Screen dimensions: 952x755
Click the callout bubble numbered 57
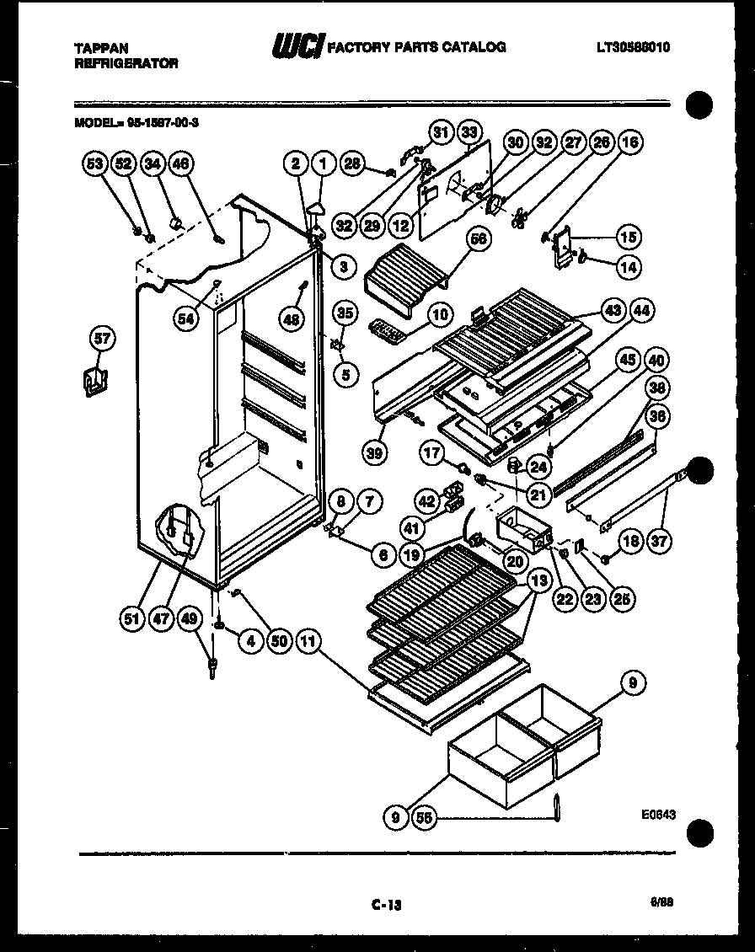(x=102, y=340)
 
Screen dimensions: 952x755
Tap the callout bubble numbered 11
(x=309, y=641)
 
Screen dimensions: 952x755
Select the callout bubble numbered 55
(x=425, y=816)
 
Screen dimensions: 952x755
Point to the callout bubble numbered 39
(x=376, y=452)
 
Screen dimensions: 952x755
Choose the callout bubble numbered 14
(x=628, y=266)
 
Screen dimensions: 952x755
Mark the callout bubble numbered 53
(x=94, y=164)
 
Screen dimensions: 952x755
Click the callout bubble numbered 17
(x=432, y=452)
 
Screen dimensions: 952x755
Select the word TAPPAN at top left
(x=99, y=50)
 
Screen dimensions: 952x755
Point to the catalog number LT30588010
(x=633, y=48)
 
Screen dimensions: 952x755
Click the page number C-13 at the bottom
(x=387, y=905)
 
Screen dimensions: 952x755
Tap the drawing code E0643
(x=658, y=815)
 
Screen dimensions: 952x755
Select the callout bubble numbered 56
(x=479, y=240)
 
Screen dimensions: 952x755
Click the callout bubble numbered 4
(x=249, y=641)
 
